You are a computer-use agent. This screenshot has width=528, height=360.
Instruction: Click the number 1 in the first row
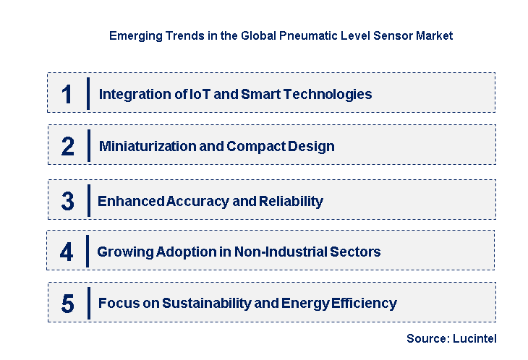(x=67, y=95)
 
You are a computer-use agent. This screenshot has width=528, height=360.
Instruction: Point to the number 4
(x=67, y=252)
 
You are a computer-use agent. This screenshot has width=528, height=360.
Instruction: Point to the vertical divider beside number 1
(x=88, y=94)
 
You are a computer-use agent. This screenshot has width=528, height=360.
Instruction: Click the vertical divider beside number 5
(x=88, y=303)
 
